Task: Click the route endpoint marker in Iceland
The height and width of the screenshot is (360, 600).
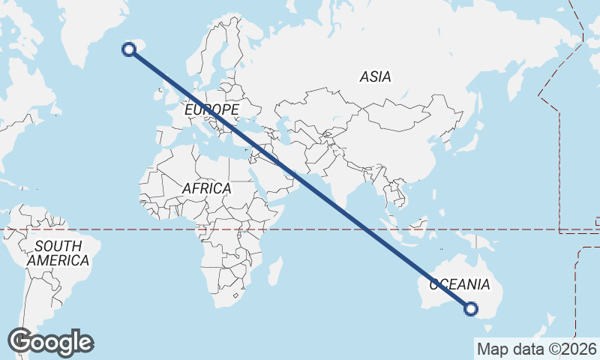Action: (129, 49)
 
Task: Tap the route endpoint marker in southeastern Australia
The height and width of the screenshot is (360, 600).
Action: (471, 307)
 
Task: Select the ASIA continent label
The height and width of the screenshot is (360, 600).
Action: (375, 76)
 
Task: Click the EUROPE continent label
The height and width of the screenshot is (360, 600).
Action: (211, 110)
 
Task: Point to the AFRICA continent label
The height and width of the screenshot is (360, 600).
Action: (206, 189)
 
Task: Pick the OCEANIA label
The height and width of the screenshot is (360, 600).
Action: (459, 285)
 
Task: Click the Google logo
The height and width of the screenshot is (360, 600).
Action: (51, 342)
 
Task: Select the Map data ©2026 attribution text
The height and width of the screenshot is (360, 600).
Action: (537, 349)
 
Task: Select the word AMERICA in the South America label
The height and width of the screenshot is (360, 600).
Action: (58, 261)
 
